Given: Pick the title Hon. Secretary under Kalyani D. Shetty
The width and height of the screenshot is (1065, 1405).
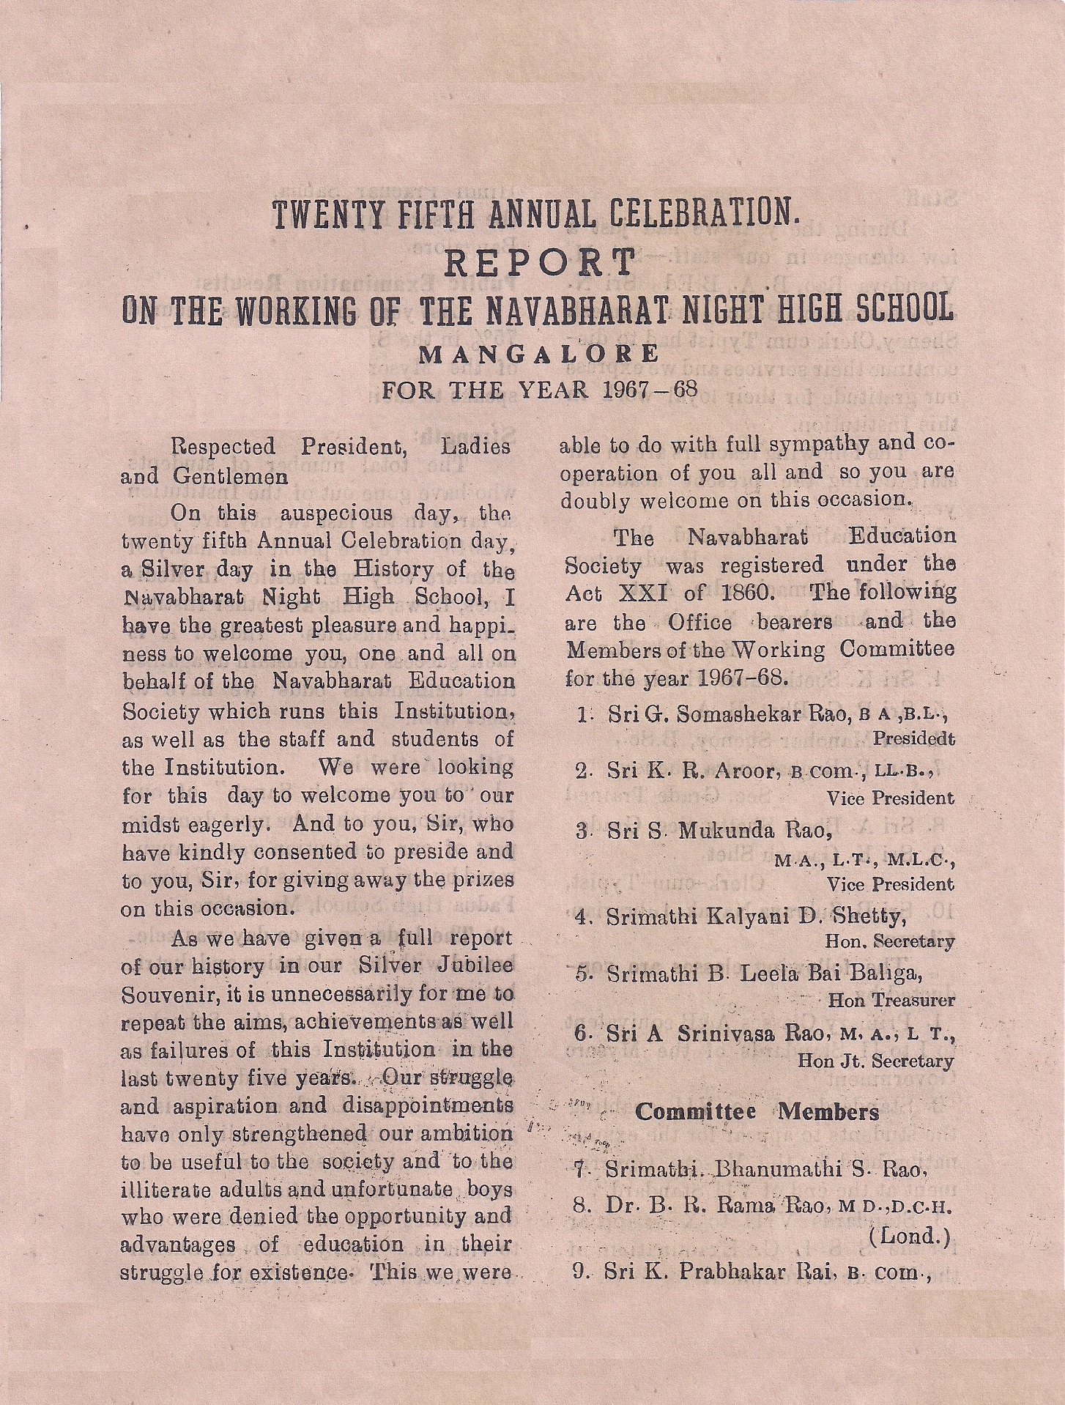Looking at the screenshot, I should (x=889, y=941).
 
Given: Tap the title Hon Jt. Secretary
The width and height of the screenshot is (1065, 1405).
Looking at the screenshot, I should (x=876, y=1060).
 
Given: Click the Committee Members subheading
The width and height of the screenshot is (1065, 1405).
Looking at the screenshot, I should (x=757, y=1112).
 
